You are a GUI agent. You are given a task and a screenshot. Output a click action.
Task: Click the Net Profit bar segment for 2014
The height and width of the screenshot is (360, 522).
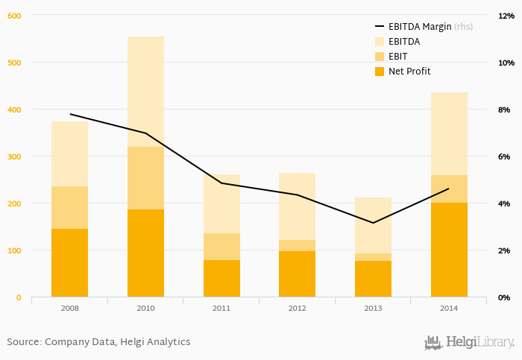point(449,250)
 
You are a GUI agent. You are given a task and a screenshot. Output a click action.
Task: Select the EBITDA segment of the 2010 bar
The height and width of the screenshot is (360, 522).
point(145,92)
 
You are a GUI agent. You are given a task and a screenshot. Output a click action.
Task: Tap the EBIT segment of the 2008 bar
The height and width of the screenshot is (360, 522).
point(69,207)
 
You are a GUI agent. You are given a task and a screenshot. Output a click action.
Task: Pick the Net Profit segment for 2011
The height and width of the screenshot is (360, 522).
point(221,278)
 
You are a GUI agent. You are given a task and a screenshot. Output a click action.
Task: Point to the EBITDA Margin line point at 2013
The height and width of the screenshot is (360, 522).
point(373,222)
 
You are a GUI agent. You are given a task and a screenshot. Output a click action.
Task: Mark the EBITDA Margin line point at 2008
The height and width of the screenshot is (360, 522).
point(69,114)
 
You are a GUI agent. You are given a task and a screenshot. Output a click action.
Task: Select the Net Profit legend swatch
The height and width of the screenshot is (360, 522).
point(379,72)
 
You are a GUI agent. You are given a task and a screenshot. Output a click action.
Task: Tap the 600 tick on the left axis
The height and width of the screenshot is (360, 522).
point(13,16)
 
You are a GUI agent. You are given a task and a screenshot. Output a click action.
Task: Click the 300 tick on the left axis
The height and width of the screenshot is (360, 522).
point(13,157)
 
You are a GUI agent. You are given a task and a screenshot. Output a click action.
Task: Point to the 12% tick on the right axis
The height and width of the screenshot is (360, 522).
point(505,16)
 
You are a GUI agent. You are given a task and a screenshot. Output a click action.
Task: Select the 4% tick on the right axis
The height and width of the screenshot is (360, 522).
point(505,203)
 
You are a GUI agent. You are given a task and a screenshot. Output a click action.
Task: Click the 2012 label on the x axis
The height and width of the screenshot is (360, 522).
point(298,307)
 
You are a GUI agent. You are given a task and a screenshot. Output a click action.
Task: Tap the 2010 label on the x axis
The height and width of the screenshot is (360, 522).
point(145,307)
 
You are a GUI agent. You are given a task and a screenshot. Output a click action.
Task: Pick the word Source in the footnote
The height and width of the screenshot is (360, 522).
point(23,342)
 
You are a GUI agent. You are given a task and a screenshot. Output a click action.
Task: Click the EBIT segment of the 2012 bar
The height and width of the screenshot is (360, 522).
point(298,245)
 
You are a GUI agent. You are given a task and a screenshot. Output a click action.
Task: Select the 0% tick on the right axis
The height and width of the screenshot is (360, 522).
point(505,297)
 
